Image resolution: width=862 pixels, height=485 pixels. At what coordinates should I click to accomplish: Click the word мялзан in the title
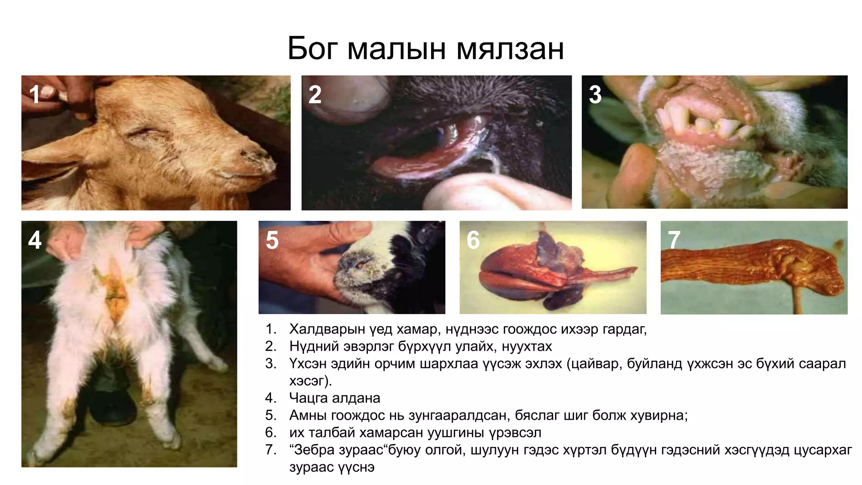coord(510,50)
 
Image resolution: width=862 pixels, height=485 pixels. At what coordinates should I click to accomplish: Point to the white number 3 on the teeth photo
coord(595,94)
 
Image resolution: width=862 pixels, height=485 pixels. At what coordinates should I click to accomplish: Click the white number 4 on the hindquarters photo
coord(35,240)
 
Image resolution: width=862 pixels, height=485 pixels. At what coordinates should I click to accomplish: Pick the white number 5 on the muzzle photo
coord(272,240)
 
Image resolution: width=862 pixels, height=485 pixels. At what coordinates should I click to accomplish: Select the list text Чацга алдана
coord(335,398)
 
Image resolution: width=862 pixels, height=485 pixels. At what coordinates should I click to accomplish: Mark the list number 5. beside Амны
coord(271,416)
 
